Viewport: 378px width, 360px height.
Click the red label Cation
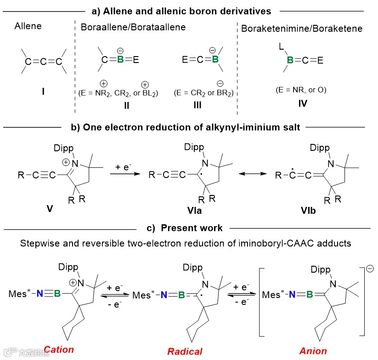pos(58,349)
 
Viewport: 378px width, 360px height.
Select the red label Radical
pos(185,352)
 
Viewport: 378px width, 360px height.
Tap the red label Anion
pos(313,351)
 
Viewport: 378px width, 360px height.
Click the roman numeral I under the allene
pos(43,92)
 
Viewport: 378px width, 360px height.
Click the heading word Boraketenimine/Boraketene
pos(302,29)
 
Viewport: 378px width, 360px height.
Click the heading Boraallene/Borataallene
pos(133,27)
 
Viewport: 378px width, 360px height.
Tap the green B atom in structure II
pos(121,60)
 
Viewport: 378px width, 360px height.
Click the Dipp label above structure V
pos(64,148)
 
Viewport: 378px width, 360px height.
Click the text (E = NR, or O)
pos(302,90)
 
